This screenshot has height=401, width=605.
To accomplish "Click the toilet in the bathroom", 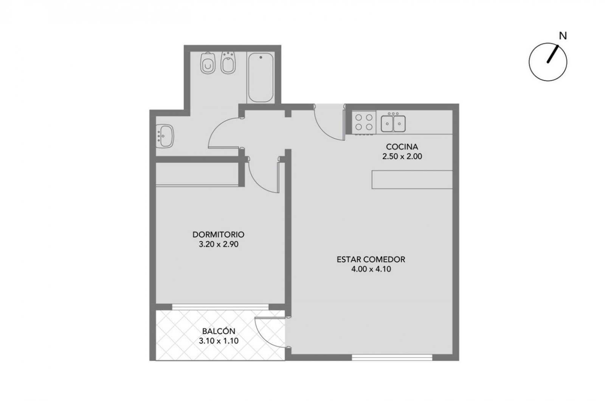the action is click(208, 63).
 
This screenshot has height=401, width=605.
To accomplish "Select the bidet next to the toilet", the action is click(228, 62).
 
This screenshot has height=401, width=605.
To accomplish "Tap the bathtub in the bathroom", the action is click(261, 78).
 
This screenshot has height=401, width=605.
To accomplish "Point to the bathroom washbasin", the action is click(165, 136).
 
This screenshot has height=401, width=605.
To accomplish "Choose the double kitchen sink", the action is click(393, 123).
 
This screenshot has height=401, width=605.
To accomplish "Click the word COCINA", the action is click(402, 147).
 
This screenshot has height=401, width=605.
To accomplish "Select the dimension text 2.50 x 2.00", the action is click(402, 157).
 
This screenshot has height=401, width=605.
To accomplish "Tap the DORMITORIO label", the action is click(218, 235).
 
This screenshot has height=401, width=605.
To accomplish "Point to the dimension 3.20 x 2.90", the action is click(219, 244).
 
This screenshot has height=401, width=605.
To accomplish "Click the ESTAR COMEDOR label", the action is click(371, 260).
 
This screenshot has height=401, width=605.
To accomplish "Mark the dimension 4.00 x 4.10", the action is click(371, 269).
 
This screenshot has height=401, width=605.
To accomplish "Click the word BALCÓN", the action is click(219, 331).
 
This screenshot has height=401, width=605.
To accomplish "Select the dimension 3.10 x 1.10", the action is click(219, 341).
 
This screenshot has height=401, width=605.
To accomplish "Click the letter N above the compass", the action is click(563, 36).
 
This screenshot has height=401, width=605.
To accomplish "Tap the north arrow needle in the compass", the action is click(552, 54).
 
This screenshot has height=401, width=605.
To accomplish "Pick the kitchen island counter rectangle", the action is click(412, 179).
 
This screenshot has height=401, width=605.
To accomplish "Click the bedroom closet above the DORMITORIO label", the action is click(197, 174).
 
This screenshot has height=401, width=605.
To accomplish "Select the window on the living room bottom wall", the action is click(392, 357).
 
